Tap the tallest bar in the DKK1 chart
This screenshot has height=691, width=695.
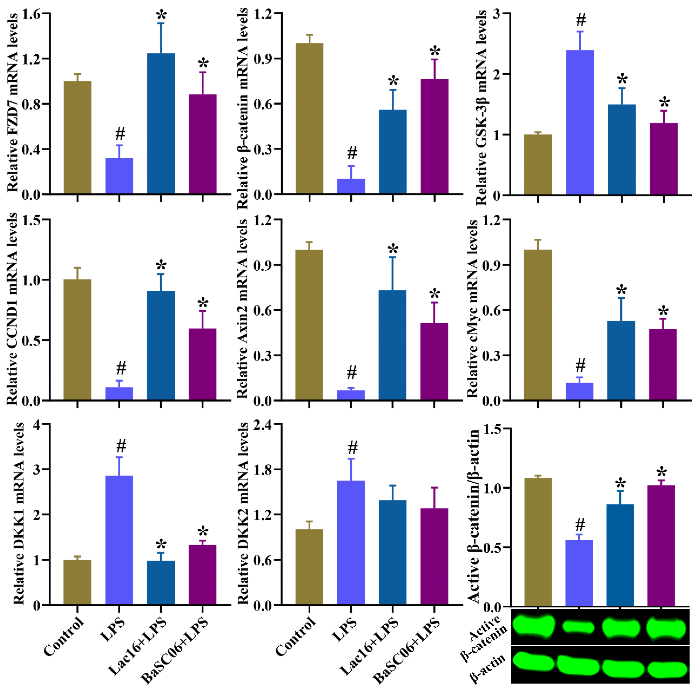(x=119, y=540)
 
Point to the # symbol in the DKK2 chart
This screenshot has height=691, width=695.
(x=352, y=448)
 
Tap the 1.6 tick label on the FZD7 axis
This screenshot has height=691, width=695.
(x=32, y=14)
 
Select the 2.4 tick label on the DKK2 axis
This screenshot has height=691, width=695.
(x=263, y=425)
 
